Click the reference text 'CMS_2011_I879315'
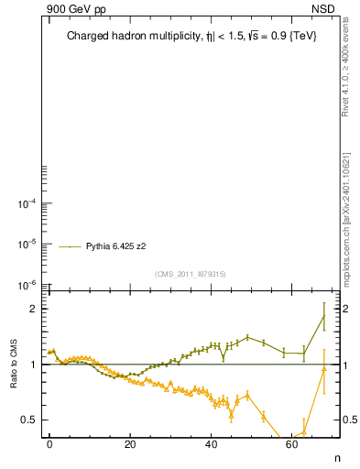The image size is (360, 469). [191, 273]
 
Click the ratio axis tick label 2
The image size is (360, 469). [37, 309]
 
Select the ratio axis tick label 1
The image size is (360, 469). [37, 365]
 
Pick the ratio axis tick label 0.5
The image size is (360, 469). [32, 420]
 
